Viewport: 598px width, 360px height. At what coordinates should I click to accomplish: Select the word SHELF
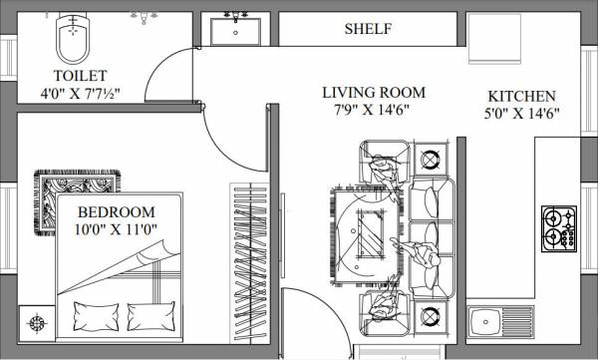[368, 29]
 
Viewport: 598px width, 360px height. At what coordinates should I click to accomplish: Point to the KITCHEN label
[521, 97]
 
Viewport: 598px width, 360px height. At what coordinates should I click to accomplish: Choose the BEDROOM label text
[117, 211]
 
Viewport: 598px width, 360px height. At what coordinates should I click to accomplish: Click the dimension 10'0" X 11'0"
[117, 229]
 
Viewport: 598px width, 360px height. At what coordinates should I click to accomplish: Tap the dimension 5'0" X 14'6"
[521, 114]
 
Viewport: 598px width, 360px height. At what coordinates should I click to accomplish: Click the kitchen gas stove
[558, 228]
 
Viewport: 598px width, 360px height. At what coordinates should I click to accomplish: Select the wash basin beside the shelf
[236, 31]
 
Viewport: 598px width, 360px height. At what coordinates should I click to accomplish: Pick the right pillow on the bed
[149, 317]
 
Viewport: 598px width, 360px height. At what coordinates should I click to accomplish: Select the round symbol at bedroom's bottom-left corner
[38, 322]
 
